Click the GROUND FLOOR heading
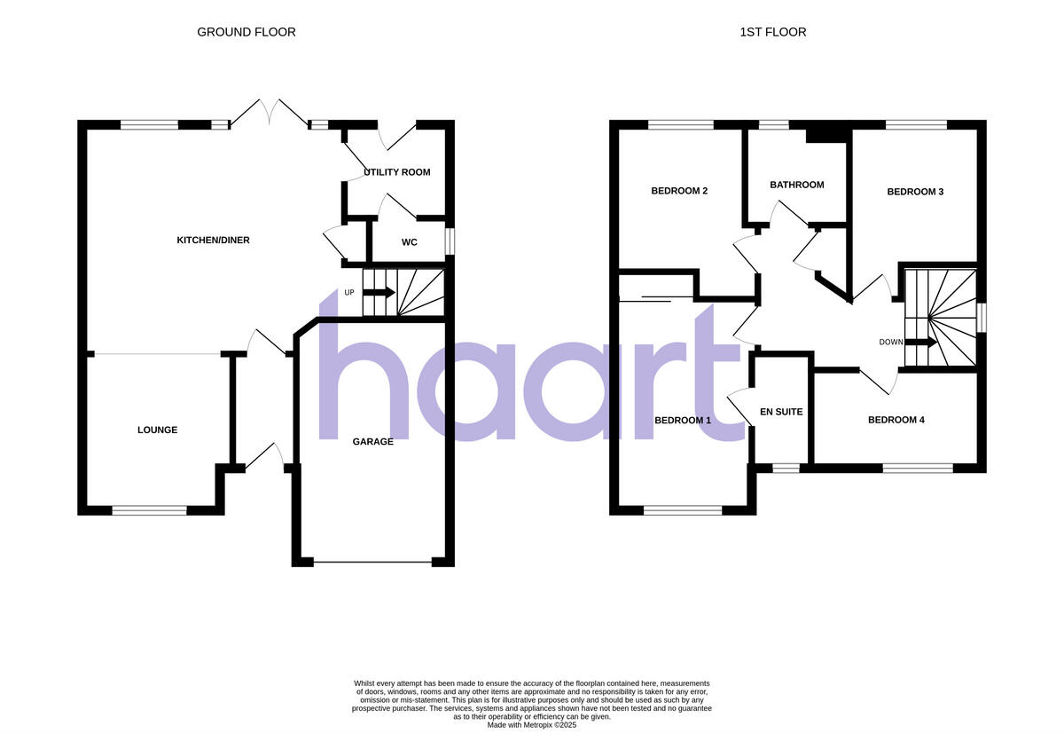coord(246,32)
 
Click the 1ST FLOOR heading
coord(773,32)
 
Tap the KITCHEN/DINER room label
coord(214,240)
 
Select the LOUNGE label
coord(157,430)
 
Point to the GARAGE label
coord(372,441)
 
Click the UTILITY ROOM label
coord(396,172)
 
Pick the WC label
coord(410,242)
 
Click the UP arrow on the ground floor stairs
coord(379,293)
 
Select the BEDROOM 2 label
coord(679,191)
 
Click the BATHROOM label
coord(796,185)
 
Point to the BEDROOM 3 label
coord(915,192)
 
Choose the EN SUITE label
coord(781,412)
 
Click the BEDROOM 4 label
coord(896,420)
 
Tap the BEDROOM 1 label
coord(683,420)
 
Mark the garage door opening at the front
coord(373,562)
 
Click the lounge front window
coord(149,509)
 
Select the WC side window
coord(450,241)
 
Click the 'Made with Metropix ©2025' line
coord(532,724)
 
